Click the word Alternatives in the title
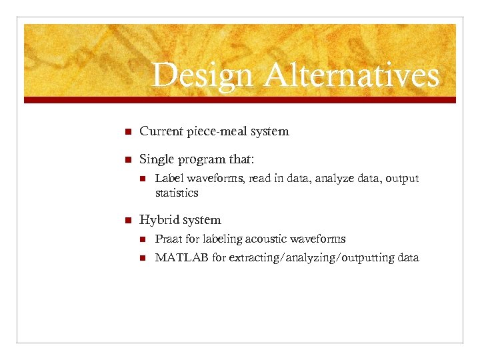click(351, 75)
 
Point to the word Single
click(157, 160)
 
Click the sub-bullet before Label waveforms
click(141, 179)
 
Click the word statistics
click(177, 193)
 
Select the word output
click(401, 179)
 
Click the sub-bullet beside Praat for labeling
click(141, 239)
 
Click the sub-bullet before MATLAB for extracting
click(141, 257)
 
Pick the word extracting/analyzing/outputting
click(311, 257)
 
